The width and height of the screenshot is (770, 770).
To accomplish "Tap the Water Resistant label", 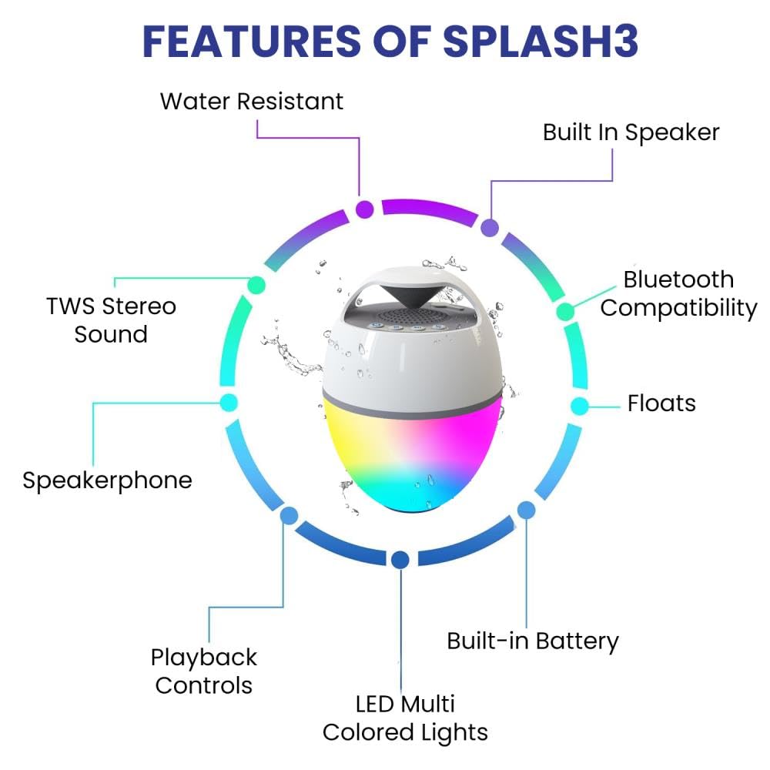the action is pyautogui.click(x=252, y=101).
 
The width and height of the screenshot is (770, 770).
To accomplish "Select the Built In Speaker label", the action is pyautogui.click(x=631, y=132).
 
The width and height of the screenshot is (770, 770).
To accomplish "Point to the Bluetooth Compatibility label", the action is pyautogui.click(x=678, y=293).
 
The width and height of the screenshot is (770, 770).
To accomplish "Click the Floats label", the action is pyautogui.click(x=661, y=403).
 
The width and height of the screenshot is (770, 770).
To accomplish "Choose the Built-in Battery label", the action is pyautogui.click(x=533, y=641).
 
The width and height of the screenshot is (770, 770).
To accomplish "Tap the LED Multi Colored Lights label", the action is pyautogui.click(x=405, y=718).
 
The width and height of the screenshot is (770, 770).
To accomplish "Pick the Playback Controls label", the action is pyautogui.click(x=204, y=671).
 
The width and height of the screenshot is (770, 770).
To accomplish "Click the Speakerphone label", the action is pyautogui.click(x=107, y=480).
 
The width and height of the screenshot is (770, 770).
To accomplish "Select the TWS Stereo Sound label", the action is pyautogui.click(x=111, y=320).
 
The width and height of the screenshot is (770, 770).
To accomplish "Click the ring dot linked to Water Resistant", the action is pyautogui.click(x=365, y=209).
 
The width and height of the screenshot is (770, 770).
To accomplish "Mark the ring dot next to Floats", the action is pyautogui.click(x=580, y=405).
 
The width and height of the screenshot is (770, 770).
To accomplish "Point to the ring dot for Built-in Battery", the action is pyautogui.click(x=526, y=510).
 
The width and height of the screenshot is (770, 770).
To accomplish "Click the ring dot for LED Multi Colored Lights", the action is pyautogui.click(x=399, y=560).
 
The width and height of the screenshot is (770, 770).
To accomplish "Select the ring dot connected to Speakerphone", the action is pyautogui.click(x=229, y=402).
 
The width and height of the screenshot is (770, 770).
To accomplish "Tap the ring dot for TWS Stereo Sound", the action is pyautogui.click(x=256, y=285).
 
